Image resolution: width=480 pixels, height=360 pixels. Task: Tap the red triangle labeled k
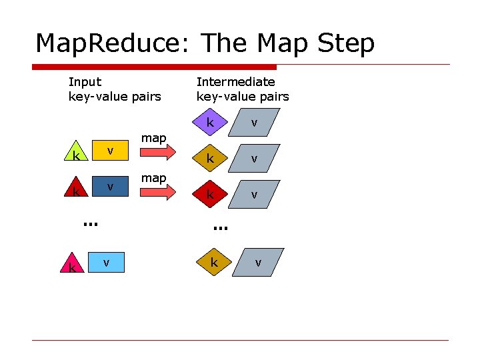[79, 189]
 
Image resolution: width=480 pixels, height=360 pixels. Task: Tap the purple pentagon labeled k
[210, 123]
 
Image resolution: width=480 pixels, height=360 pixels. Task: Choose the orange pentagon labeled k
[210, 159]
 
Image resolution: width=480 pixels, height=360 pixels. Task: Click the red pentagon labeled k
[210, 194]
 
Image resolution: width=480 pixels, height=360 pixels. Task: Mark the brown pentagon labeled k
[213, 262]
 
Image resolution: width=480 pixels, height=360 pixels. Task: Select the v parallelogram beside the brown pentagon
[257, 263]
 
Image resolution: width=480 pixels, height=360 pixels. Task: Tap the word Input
[85, 82]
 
